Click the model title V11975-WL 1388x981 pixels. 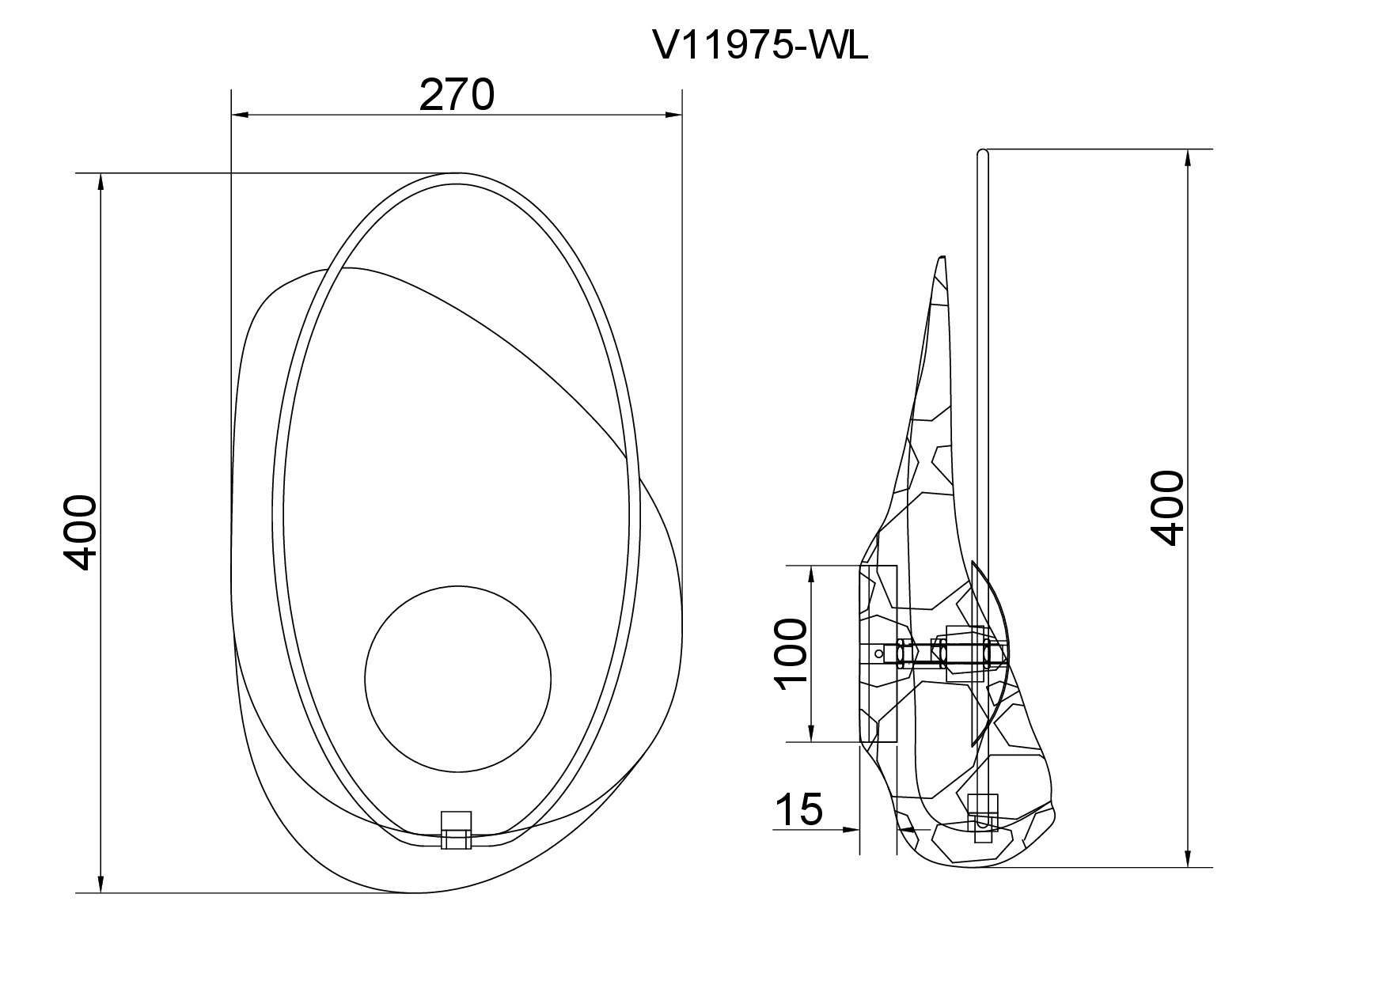coord(760,47)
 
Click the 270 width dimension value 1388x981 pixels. coord(457,95)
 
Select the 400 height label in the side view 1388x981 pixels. coord(1167,507)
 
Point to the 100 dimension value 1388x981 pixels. coord(791,655)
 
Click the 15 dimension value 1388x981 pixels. coord(799,809)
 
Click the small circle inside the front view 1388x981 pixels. coord(457,677)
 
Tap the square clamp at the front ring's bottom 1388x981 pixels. coord(456,830)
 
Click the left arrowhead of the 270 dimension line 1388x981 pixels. coord(241,116)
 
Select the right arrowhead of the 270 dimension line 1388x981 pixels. coord(673,116)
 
